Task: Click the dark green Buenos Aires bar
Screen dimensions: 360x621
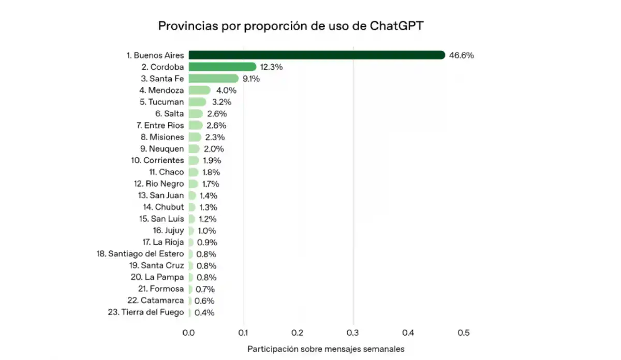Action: coord(317,55)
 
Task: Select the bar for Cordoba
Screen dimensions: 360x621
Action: coord(223,67)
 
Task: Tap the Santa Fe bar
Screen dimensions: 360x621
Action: coord(213,79)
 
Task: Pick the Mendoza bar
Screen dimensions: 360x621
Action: coord(200,91)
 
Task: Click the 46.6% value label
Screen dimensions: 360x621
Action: coord(462,55)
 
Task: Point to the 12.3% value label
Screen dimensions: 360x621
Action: coord(272,67)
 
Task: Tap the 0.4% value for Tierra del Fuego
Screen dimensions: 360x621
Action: coord(204,312)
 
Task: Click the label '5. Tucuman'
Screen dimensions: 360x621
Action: coord(161,102)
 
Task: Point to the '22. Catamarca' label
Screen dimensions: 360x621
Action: coord(155,301)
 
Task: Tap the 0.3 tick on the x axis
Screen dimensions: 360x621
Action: coord(353,333)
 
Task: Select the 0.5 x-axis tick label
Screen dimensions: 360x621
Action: coord(463,333)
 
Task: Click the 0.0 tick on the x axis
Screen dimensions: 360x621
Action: coord(189,333)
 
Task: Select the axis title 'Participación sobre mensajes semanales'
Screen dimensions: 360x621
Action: coord(326,349)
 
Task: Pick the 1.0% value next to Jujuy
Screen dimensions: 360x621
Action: coord(206,231)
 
